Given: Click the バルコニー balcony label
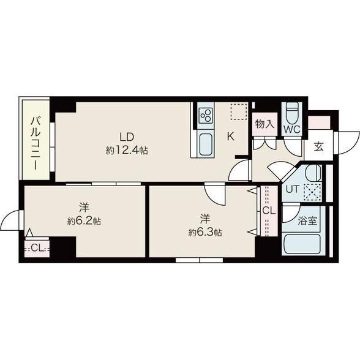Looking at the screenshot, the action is point(36,143).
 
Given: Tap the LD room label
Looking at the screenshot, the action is point(127,137).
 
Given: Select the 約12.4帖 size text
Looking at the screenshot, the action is point(127,151).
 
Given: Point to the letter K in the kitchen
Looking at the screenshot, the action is point(230,137).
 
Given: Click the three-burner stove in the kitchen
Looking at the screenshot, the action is point(205,116).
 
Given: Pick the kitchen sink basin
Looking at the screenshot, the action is point(205,144).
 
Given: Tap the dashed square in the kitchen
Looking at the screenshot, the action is point(239,112).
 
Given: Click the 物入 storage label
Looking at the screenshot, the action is point(264,124).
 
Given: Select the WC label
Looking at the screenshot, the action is point(292,130).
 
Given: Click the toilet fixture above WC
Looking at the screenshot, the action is point(292,113).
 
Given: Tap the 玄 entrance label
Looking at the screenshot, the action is point(319,146).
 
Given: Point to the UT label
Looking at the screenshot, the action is point(292,189).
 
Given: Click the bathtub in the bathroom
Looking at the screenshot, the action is point(302,243).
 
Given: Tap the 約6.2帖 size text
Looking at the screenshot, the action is point(84,222).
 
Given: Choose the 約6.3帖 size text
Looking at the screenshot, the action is point(205,233).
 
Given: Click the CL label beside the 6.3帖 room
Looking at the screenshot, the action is point(269,211).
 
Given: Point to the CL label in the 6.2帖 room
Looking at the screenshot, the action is point(37,248).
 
